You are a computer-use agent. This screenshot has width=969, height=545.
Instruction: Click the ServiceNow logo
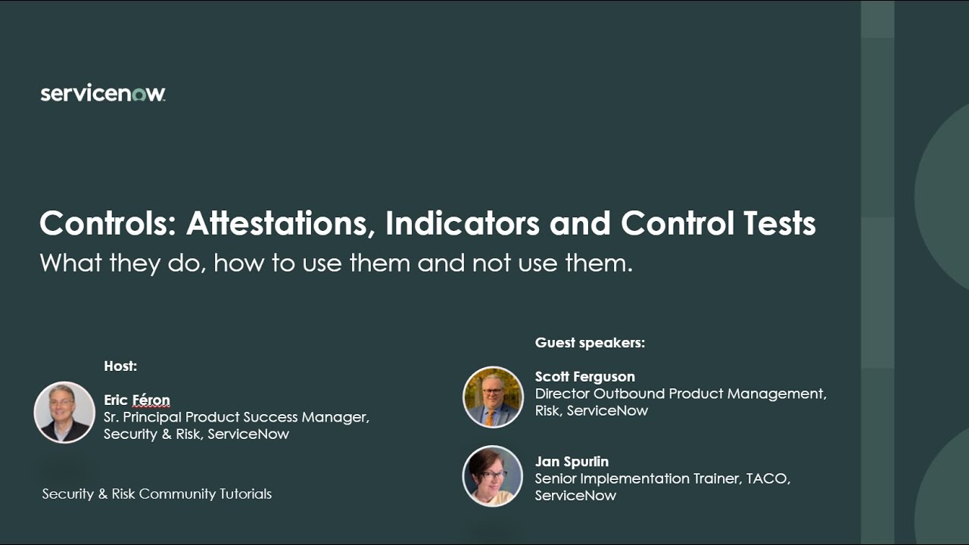[102, 94]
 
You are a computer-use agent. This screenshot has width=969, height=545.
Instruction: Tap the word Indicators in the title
[462, 223]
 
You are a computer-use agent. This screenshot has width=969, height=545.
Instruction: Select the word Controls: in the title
[107, 223]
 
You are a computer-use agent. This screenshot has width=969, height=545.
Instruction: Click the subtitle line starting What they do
[335, 263]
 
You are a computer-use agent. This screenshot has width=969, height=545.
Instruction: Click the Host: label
[120, 366]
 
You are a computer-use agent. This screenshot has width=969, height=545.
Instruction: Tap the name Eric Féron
[137, 400]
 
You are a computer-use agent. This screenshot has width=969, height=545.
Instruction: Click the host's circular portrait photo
[64, 412]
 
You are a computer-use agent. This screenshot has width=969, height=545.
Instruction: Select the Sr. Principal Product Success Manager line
[236, 417]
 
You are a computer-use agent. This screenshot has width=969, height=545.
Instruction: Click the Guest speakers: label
[590, 343]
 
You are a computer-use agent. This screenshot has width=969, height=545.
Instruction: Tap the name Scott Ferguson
[584, 377]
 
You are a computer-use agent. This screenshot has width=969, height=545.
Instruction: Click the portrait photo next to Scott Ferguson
[493, 397]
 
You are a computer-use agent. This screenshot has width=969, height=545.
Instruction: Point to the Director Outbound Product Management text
[680, 394]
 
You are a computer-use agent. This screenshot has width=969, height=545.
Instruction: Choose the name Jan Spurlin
[572, 462]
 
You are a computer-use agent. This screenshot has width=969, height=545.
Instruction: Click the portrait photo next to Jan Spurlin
[493, 475]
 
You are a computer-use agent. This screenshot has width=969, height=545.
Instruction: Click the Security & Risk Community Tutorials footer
[157, 494]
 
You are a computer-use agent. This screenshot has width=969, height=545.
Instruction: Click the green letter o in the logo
[138, 95]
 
